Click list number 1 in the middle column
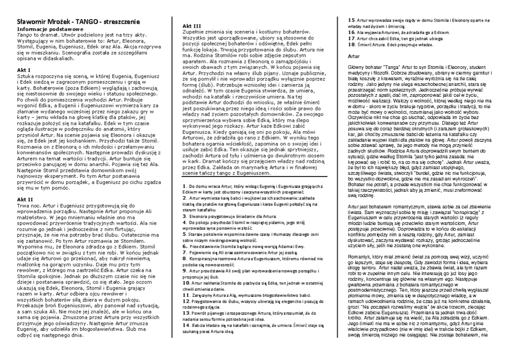point(183,186)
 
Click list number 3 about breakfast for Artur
point(183,216)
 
